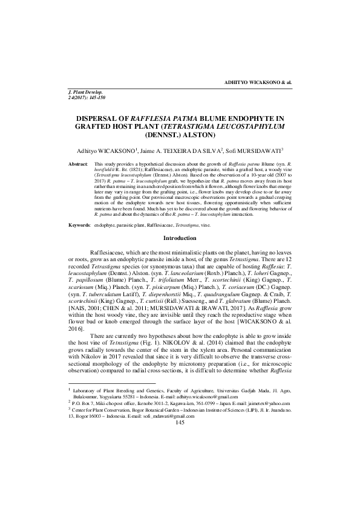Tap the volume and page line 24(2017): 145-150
pyautogui.click(x=90, y=97)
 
